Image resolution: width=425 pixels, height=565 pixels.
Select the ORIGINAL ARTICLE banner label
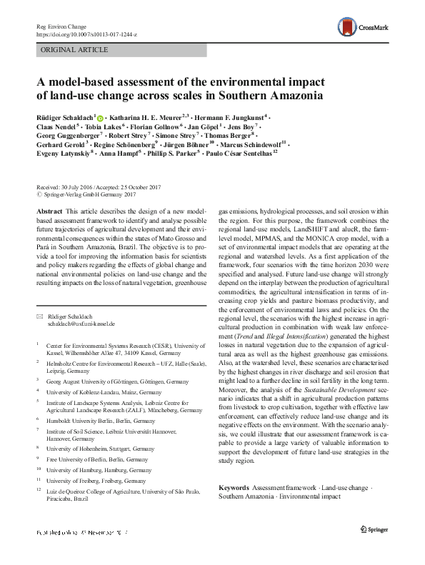point(75,50)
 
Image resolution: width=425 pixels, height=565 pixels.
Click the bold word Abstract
point(48,213)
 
